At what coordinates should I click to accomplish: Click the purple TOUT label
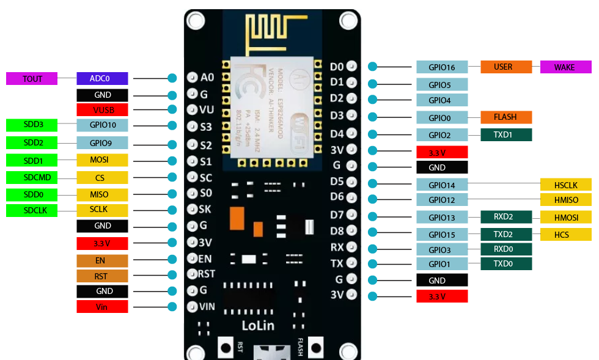(x=32, y=78)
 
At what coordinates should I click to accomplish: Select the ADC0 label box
(x=102, y=78)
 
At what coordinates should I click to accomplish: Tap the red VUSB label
(x=102, y=110)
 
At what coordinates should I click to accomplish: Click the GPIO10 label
(x=102, y=125)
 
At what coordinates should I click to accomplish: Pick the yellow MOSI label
(x=102, y=160)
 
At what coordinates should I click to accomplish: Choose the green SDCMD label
(x=32, y=178)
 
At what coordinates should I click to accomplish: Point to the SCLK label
(x=102, y=210)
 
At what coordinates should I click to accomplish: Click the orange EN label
(x=102, y=260)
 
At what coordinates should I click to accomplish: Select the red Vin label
(x=102, y=307)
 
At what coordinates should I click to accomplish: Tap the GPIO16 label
(x=442, y=67)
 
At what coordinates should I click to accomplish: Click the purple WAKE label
(x=565, y=67)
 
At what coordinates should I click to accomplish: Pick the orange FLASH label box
(x=505, y=117)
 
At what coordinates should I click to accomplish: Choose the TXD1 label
(x=505, y=134)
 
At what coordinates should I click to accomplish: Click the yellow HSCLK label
(x=565, y=184)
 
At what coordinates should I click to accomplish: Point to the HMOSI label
(x=565, y=216)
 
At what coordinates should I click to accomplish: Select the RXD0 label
(x=505, y=249)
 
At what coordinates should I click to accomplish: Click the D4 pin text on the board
(x=337, y=134)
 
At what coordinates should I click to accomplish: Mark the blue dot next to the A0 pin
(x=172, y=78)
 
